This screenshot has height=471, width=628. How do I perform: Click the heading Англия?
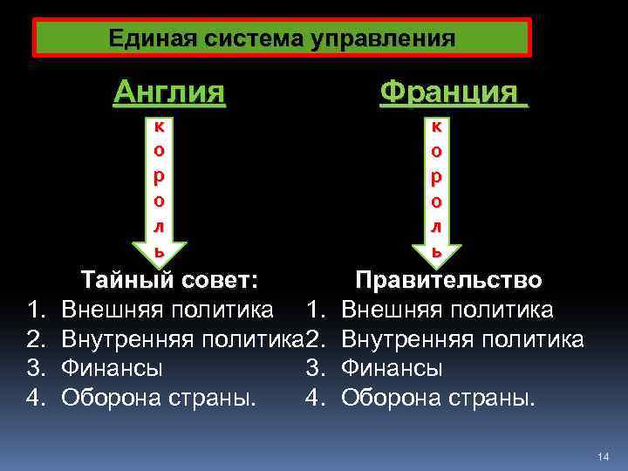tap(169, 91)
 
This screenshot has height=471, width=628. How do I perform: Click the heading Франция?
tap(454, 91)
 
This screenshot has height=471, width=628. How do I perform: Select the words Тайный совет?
tap(169, 280)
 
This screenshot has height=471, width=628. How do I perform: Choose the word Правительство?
tap(448, 280)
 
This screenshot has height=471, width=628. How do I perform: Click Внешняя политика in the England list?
tap(167, 309)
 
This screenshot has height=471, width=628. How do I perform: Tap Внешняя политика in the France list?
tap(447, 309)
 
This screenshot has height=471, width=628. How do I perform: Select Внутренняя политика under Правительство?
tap(463, 338)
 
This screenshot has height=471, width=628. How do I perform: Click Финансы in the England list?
tap(112, 368)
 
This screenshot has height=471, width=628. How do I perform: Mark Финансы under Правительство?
tap(392, 368)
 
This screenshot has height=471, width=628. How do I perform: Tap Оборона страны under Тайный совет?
tap(159, 398)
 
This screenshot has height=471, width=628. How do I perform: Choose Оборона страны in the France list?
tap(439, 398)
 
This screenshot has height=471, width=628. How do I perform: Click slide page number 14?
tap(603, 457)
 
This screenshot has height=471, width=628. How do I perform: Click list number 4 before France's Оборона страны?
tap(316, 398)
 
